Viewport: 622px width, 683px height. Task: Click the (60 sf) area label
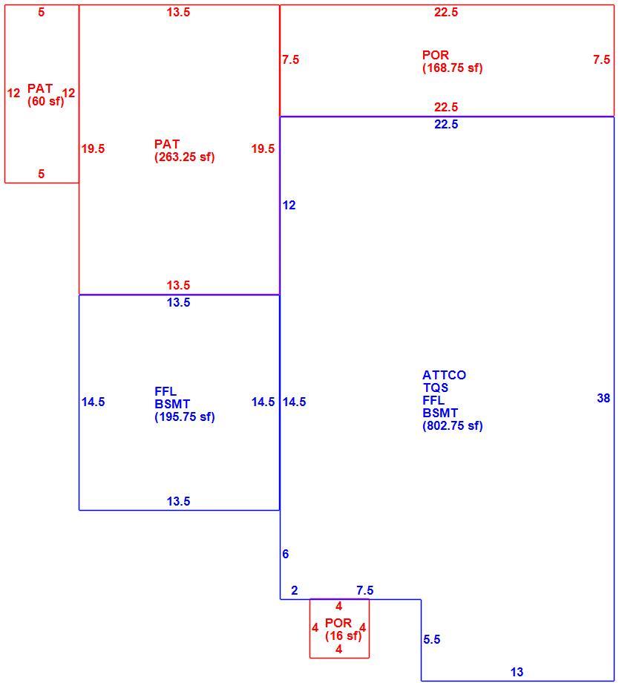[x=45, y=102]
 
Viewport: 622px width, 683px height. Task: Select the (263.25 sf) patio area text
[x=184, y=157]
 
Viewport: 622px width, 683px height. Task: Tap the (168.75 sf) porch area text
[x=452, y=68]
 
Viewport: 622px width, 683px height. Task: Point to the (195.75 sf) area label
[x=184, y=417]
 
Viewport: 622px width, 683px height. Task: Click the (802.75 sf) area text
[x=452, y=425]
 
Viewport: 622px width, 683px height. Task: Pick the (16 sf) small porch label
[x=343, y=636]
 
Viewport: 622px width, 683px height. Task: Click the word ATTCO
[x=444, y=375]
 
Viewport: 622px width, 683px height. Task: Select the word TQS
[x=435, y=388]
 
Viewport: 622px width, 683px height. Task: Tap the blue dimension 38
[x=603, y=398]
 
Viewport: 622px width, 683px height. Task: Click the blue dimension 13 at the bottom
[x=517, y=672]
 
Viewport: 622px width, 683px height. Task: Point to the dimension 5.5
[x=432, y=639]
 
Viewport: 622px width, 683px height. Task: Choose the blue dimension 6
[x=285, y=554]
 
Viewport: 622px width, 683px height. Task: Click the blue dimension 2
[x=295, y=590]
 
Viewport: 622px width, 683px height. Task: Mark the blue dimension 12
[x=289, y=205]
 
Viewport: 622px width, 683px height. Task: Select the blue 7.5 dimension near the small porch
[x=364, y=590]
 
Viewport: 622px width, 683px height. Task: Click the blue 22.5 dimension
[x=446, y=124]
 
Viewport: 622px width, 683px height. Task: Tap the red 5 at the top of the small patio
[x=41, y=12]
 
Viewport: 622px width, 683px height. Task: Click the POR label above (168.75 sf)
[x=435, y=56]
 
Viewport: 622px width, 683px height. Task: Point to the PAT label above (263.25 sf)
[x=167, y=144]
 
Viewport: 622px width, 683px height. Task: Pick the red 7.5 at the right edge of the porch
[x=601, y=59]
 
